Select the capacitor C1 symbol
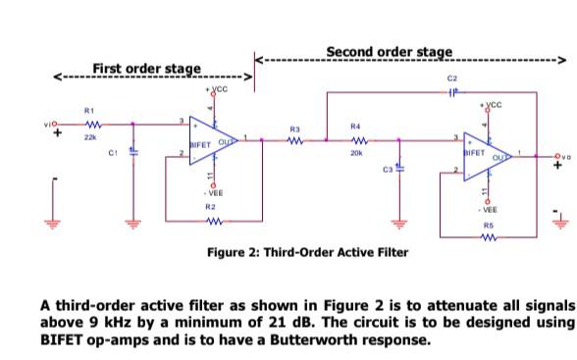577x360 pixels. point(132,152)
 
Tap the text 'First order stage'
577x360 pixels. point(146,68)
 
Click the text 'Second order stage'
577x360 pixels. point(389,51)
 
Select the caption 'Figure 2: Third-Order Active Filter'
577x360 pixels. point(307,252)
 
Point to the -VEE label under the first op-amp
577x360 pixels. point(211,193)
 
